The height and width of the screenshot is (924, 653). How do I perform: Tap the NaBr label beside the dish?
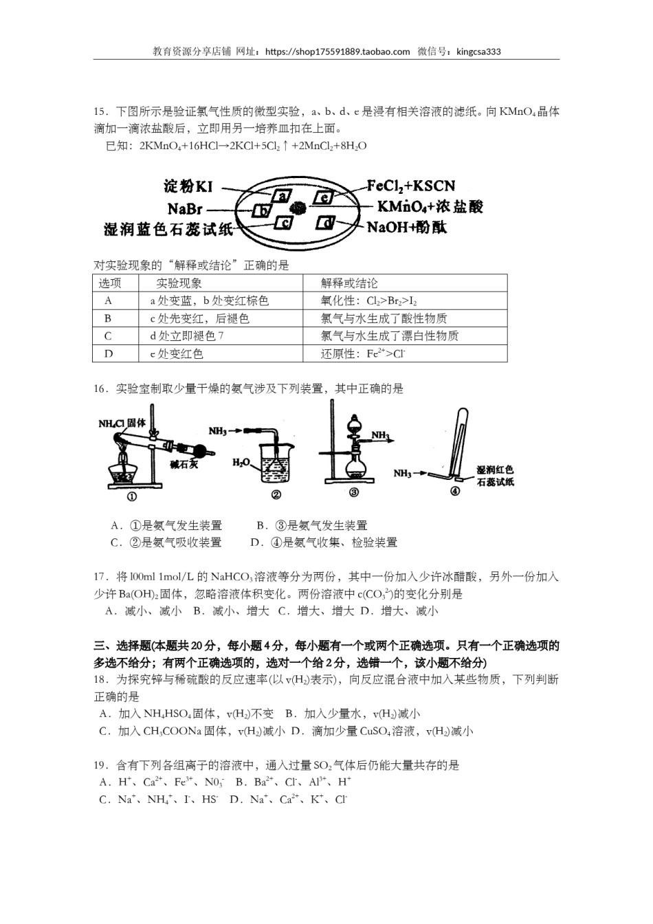click(x=184, y=208)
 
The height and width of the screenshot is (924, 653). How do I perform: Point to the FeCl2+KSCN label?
click(x=410, y=186)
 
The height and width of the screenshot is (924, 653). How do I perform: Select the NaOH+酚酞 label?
click(x=407, y=228)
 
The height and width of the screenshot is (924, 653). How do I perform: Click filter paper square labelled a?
click(x=283, y=195)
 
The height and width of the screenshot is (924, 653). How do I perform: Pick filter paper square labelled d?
click(x=326, y=223)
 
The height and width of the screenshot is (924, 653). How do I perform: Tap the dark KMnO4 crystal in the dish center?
click(x=298, y=208)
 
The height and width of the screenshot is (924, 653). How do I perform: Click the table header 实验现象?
click(x=179, y=283)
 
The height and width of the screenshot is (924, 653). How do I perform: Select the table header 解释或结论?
click(x=349, y=283)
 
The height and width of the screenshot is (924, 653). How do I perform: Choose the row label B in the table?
click(x=108, y=318)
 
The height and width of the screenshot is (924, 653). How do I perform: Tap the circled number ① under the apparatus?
click(x=131, y=496)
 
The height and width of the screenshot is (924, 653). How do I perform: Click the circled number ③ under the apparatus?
click(x=354, y=492)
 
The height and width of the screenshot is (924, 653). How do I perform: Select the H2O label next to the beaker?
click(x=241, y=463)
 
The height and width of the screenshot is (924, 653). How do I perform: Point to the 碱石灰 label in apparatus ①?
click(x=184, y=465)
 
